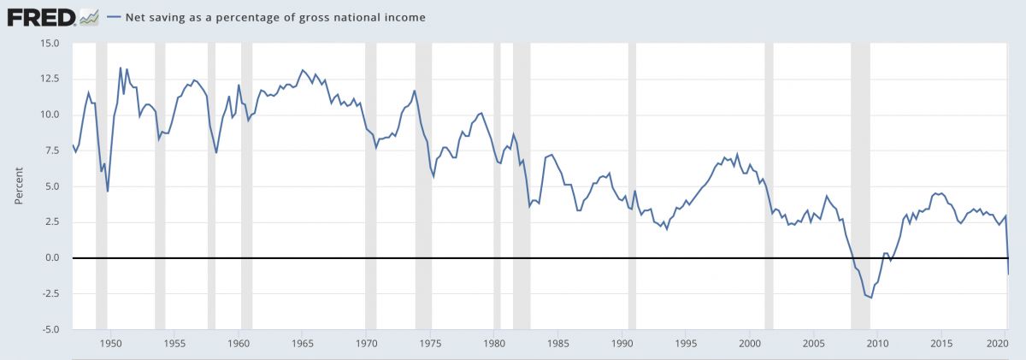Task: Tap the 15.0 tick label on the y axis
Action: pos(48,43)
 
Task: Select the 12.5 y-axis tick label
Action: pos(48,79)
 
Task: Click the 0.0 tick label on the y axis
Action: pos(50,257)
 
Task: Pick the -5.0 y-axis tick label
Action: pos(48,329)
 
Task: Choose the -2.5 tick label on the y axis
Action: pos(48,293)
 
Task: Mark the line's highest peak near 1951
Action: pos(121,68)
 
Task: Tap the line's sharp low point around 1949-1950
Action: pos(108,191)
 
